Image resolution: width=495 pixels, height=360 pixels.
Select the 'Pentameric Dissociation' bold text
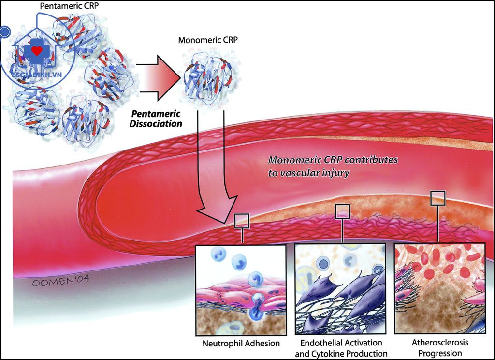tap(155, 119)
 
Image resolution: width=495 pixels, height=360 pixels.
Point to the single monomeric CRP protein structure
tap(205, 75)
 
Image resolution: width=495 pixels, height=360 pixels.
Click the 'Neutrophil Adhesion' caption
tap(242, 344)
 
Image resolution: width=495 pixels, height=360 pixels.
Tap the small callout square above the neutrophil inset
tap(242, 221)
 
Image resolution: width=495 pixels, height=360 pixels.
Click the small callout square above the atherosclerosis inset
tap(438, 197)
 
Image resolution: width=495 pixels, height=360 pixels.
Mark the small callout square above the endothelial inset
tap(342, 211)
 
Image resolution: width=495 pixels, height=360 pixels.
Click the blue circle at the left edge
tap(5, 32)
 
